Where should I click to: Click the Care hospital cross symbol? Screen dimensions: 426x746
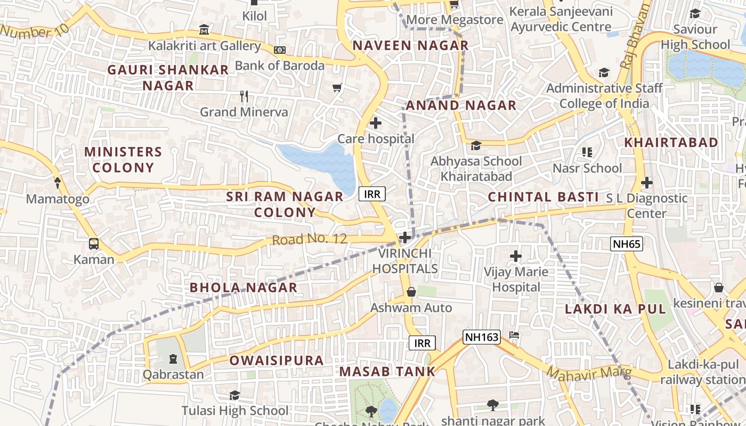pyautogui.click(x=376, y=124)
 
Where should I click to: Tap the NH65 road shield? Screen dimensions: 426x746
pyautogui.click(x=627, y=244)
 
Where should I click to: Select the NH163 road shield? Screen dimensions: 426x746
pyautogui.click(x=481, y=337)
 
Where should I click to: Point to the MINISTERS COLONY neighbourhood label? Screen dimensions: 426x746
pyautogui.click(x=123, y=160)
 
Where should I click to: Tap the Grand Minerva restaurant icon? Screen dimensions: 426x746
pyautogui.click(x=244, y=96)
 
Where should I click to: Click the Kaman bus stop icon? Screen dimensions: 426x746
pyautogui.click(x=94, y=244)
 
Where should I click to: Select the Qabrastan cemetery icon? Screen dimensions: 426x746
pyautogui.click(x=173, y=358)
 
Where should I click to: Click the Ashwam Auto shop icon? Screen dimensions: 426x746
pyautogui.click(x=411, y=292)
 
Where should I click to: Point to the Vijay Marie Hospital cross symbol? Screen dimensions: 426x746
pyautogui.click(x=515, y=256)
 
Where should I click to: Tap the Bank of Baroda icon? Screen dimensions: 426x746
pyautogui.click(x=280, y=50)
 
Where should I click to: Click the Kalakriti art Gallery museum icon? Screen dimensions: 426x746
pyautogui.click(x=204, y=29)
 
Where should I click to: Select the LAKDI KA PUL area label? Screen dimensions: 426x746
pyautogui.click(x=615, y=309)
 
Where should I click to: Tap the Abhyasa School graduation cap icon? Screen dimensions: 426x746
pyautogui.click(x=476, y=145)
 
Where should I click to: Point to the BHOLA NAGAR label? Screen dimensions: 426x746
pyautogui.click(x=243, y=288)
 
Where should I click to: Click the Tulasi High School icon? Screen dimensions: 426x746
pyautogui.click(x=234, y=395)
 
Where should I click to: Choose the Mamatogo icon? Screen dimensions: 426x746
pyautogui.click(x=58, y=183)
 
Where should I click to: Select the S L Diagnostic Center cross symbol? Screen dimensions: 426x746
pyautogui.click(x=646, y=183)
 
